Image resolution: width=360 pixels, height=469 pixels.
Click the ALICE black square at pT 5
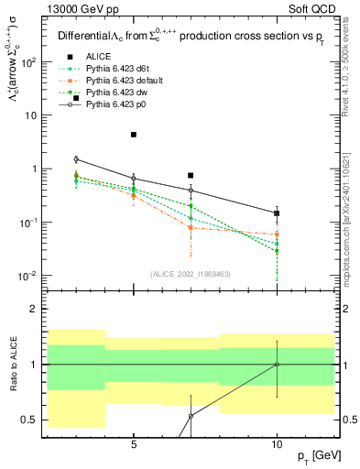click(x=134, y=135)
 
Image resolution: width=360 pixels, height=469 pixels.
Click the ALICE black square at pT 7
click(x=191, y=175)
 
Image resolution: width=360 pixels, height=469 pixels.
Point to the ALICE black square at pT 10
click(x=277, y=213)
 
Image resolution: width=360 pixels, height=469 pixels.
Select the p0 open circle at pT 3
click(x=76, y=159)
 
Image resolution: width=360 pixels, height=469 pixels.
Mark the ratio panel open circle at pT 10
click(x=277, y=364)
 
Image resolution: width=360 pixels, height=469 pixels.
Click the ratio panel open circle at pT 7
click(x=191, y=416)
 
